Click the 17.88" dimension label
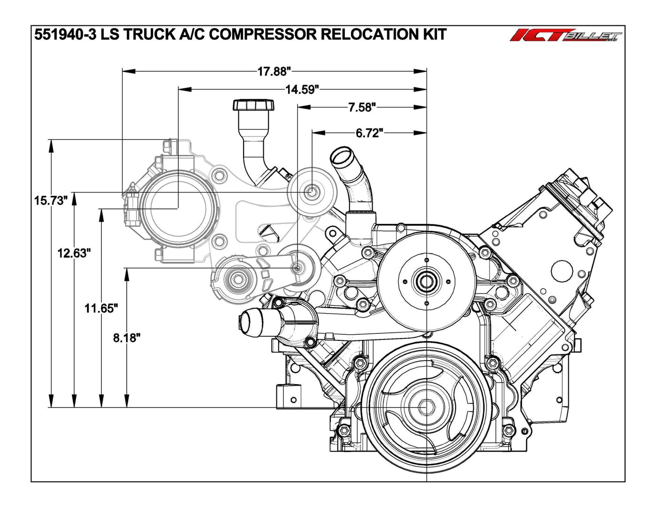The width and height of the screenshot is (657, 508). (275, 71)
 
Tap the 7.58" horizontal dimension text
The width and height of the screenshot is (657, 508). (362, 108)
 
